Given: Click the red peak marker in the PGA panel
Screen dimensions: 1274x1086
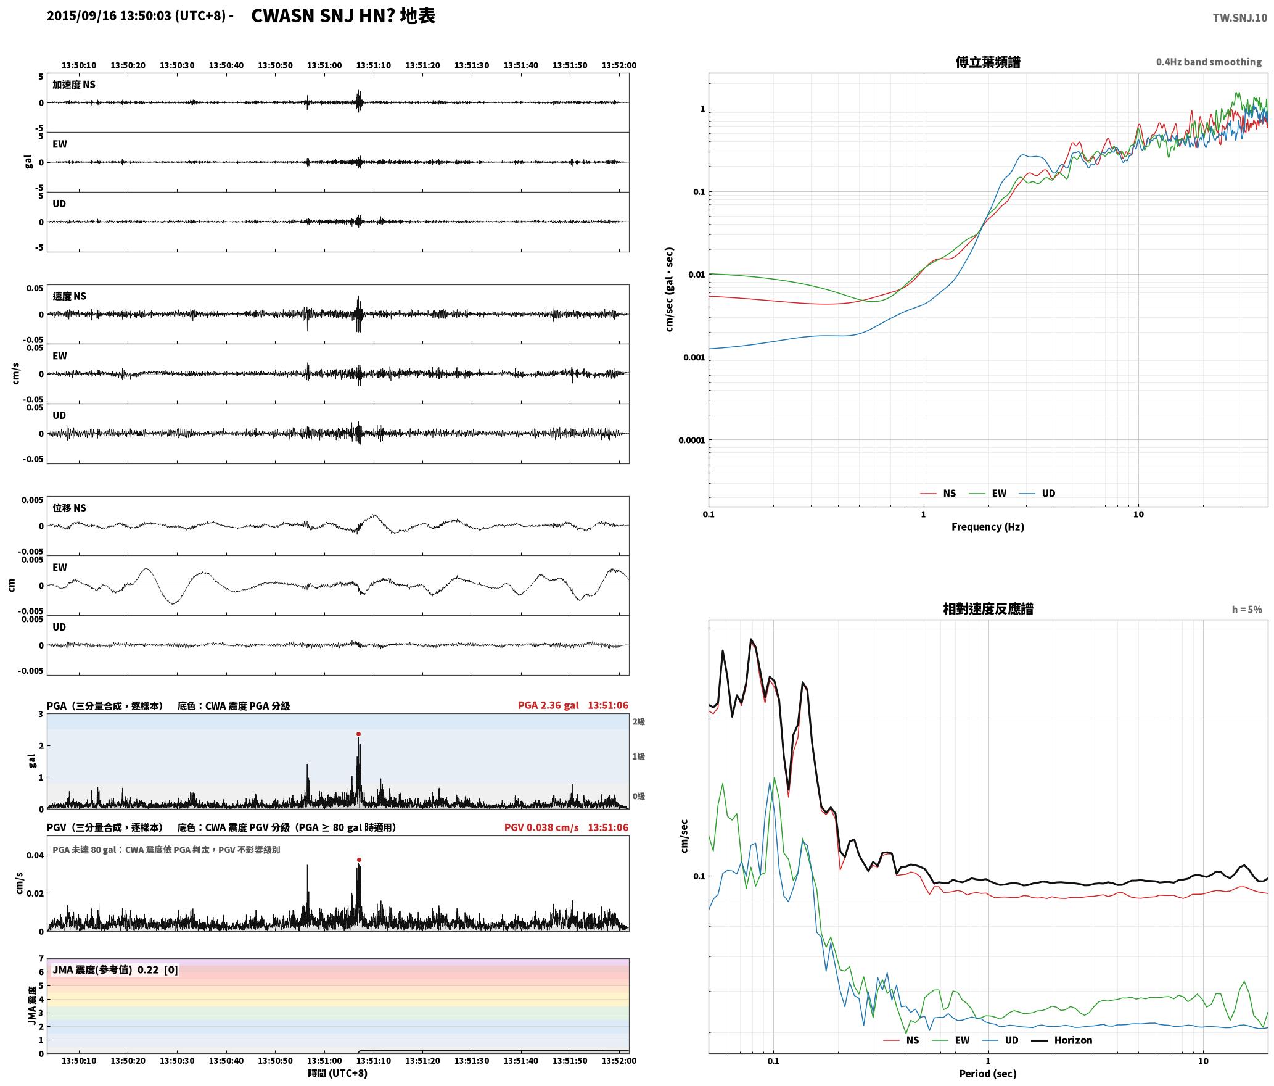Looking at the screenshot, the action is (x=358, y=734).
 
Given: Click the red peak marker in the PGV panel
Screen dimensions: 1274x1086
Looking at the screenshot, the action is (x=359, y=860).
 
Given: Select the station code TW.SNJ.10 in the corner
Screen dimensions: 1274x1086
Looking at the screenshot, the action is (x=1239, y=18).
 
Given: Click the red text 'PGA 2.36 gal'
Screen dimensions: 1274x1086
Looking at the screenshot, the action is (x=548, y=705).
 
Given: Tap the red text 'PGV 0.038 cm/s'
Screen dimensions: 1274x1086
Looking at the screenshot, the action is (x=541, y=827).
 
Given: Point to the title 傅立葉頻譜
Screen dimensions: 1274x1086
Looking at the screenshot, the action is (x=988, y=62).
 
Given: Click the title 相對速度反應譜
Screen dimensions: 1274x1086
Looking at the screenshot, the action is (x=988, y=609).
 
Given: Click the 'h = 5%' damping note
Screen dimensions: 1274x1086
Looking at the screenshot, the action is (x=1247, y=610).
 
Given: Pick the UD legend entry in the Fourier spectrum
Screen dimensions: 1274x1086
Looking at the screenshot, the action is (x=1037, y=493).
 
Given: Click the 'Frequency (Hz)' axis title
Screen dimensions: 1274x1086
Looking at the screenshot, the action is (x=988, y=526).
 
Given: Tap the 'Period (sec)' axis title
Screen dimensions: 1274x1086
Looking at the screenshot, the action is (x=988, y=1074).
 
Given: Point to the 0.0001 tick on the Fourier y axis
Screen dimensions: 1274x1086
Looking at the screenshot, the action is (x=691, y=440).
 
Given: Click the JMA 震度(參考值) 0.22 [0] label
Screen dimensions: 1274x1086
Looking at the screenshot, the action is (x=115, y=970).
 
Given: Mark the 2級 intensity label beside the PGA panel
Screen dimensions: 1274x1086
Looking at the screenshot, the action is (x=638, y=721).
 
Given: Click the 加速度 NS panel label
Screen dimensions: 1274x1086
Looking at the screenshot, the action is (x=74, y=85).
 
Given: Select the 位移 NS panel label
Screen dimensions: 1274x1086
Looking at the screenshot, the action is (x=70, y=508).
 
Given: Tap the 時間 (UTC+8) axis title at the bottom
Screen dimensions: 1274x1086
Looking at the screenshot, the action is (x=338, y=1073).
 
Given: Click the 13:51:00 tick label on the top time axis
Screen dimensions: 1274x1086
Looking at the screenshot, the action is (x=324, y=65).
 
